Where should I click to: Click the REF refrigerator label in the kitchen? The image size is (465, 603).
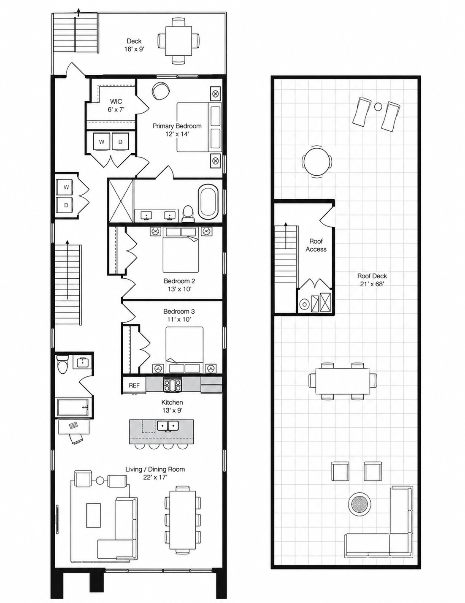[x=134, y=386]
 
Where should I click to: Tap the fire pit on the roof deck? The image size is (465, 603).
[x=360, y=504]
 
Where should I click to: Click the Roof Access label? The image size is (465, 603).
[x=316, y=245]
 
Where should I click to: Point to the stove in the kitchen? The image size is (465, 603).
[x=172, y=385]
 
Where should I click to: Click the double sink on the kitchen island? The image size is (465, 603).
[x=168, y=425]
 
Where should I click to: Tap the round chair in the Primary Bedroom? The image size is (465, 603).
[x=160, y=91]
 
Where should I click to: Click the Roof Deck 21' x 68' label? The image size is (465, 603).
[x=372, y=280]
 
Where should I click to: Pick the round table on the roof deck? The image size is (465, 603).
[x=317, y=162]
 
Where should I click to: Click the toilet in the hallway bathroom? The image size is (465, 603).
[x=62, y=363]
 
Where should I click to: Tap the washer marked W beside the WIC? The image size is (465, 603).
[x=102, y=141]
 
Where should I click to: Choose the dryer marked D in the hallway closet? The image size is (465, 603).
[x=66, y=205]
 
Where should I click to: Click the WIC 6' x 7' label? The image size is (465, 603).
[x=116, y=106]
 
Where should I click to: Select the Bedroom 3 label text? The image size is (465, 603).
[x=179, y=311]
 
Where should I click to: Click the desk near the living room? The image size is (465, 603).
[x=74, y=427]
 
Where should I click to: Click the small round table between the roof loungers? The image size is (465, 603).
[x=378, y=106]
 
